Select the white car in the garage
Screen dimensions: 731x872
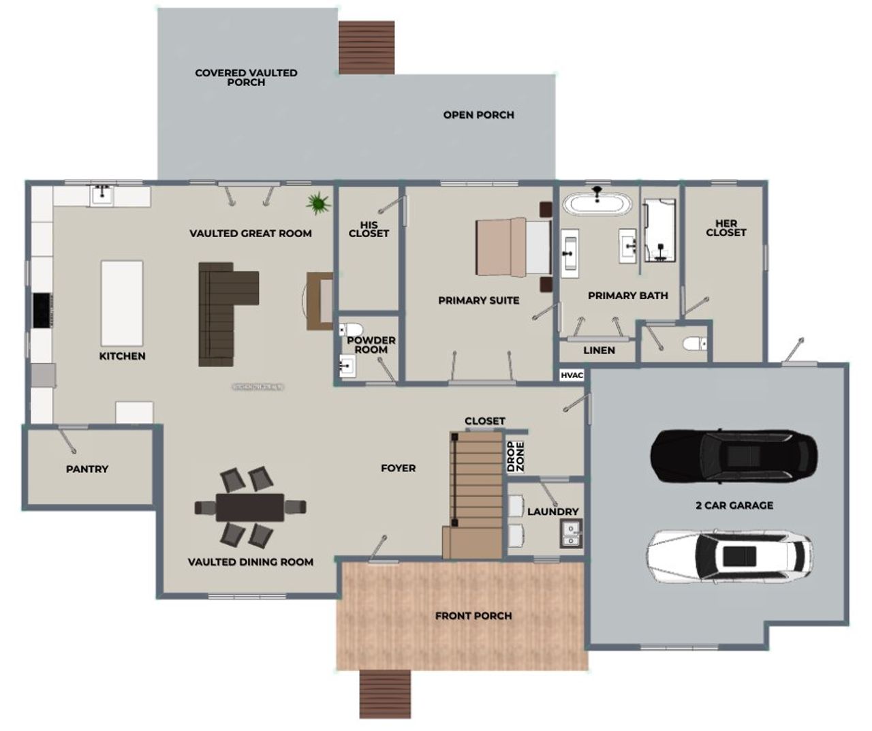pos(730,555)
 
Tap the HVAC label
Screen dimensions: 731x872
pos(572,375)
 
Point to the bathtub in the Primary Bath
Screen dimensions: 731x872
pos(599,204)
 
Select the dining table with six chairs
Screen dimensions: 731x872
pos(250,507)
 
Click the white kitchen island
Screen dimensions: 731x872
pos(122,303)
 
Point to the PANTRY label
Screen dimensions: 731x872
pos(87,469)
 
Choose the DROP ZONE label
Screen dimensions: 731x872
pos(515,457)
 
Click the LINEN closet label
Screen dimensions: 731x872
pos(599,350)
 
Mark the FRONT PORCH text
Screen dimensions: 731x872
pos(473,616)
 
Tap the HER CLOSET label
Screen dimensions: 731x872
pos(726,228)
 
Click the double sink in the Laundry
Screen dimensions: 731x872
pos(570,533)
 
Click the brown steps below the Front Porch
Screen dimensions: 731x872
pos(385,694)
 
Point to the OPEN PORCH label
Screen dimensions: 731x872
pos(478,115)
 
